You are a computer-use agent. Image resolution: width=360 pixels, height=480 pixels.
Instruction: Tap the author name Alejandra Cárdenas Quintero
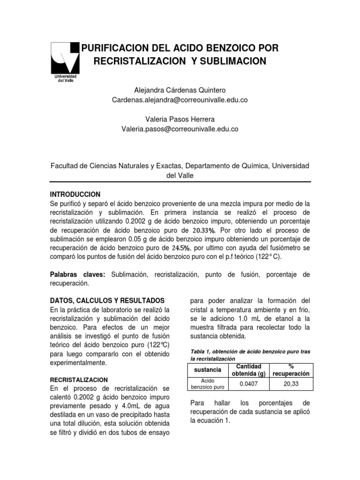tap(180, 90)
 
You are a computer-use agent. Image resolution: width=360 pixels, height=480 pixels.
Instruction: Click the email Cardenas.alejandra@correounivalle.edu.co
tap(180, 100)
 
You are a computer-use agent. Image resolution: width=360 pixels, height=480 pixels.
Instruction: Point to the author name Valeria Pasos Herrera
tap(180, 119)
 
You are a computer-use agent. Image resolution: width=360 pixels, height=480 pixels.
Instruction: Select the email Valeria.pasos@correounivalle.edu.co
tap(180, 129)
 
